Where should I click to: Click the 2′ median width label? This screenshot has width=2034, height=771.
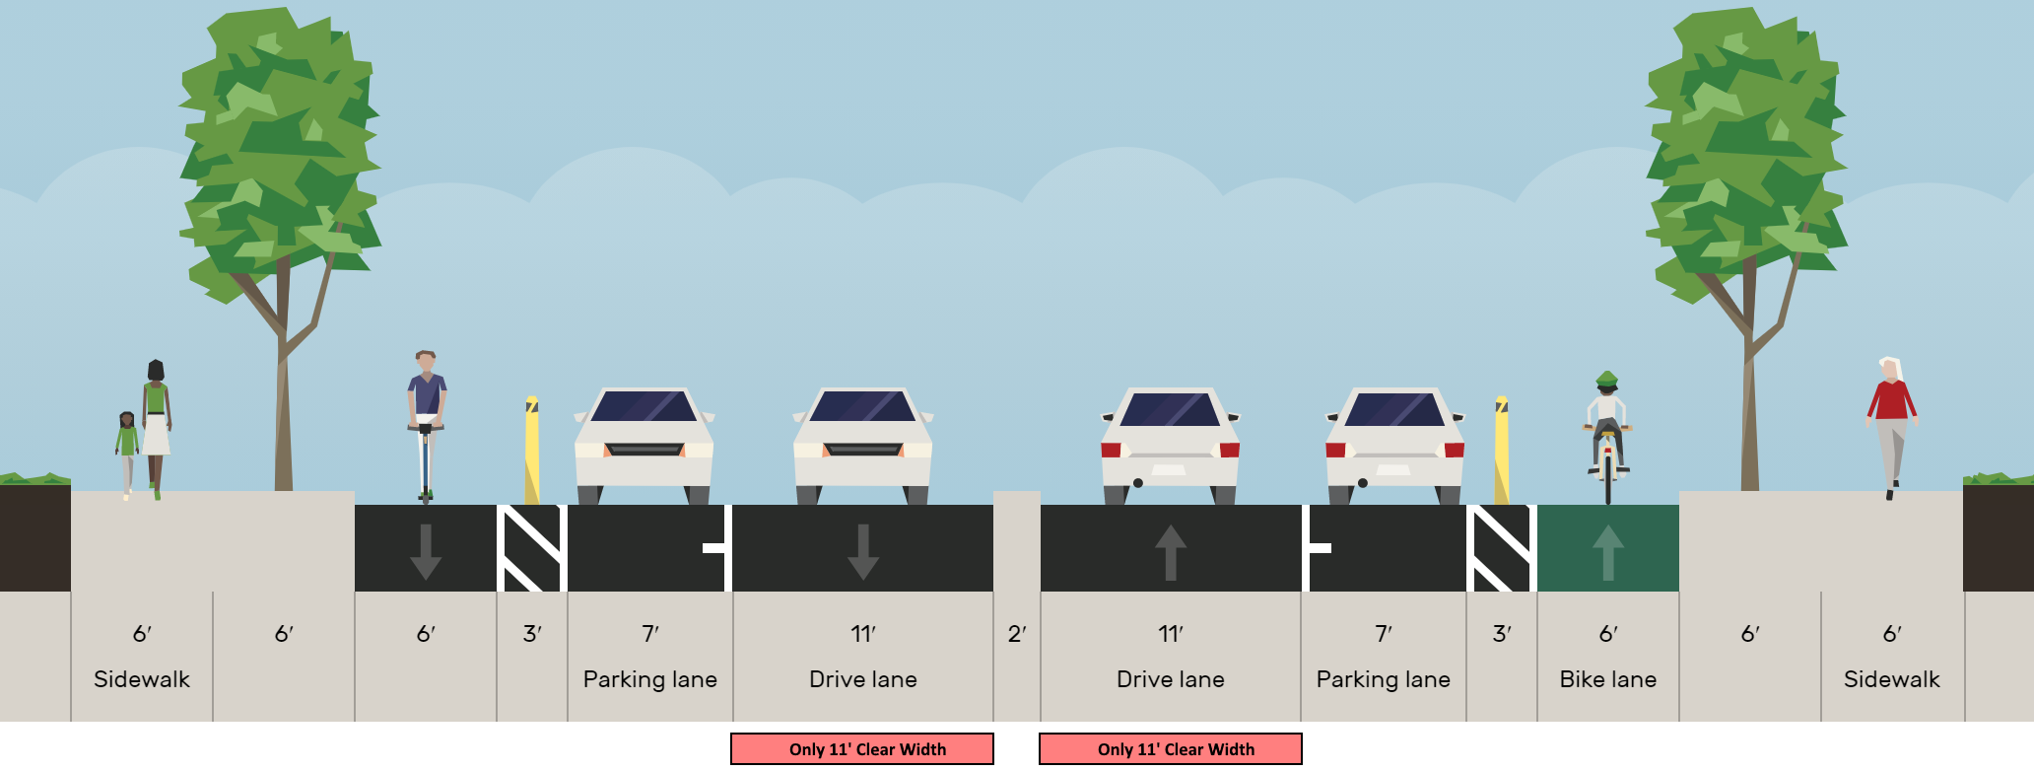click(1017, 634)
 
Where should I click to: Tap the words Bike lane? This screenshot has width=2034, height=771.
click(1607, 679)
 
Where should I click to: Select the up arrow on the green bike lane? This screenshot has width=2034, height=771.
click(1607, 551)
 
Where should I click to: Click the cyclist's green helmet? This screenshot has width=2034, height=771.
click(1606, 379)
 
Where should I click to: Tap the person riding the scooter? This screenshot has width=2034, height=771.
click(426, 414)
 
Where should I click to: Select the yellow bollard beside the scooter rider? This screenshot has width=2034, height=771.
click(531, 450)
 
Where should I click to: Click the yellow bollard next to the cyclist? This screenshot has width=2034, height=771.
click(1501, 450)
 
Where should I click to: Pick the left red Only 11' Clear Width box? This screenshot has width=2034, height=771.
click(862, 749)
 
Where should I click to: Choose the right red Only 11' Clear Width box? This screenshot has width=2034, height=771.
click(1171, 749)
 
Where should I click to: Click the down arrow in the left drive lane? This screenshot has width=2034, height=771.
click(863, 551)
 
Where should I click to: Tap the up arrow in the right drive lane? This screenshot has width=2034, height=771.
click(1171, 551)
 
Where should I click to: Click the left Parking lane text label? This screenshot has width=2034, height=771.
click(650, 679)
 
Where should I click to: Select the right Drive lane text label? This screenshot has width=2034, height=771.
click(1171, 679)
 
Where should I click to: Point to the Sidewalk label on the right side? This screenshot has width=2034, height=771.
click(1891, 679)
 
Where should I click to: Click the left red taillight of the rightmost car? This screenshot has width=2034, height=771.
click(1336, 451)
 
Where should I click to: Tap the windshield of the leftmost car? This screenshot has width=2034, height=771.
click(644, 407)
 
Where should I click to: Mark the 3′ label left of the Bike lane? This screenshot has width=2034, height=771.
click(1501, 634)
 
